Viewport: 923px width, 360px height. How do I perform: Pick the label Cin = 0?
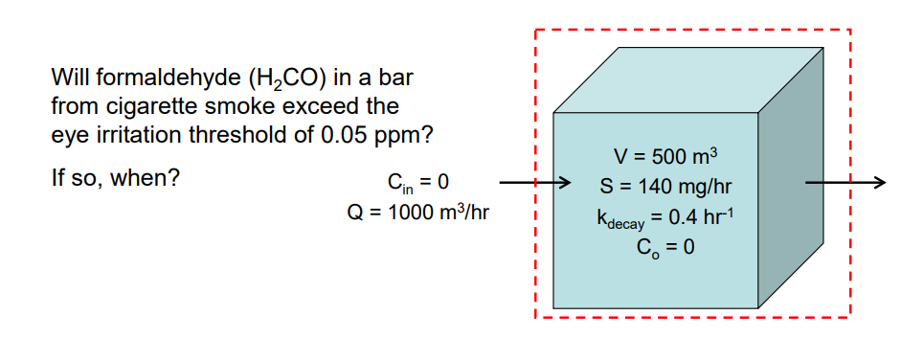418,181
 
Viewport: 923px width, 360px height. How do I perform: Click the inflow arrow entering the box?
534,181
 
